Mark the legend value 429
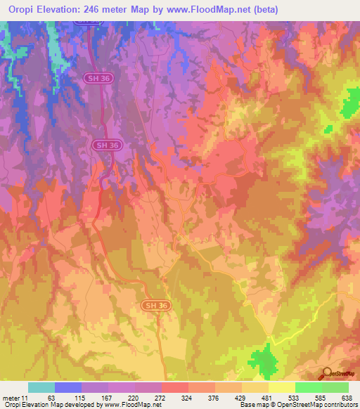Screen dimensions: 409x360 coord(242,398)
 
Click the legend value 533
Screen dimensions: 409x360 coord(295,398)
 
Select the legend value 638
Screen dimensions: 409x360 coord(346,398)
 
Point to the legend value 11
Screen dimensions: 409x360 coord(25,398)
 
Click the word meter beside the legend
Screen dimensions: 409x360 coord(11,398)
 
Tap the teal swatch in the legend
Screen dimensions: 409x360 coord(41,387)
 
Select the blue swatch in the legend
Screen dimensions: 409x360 coord(68,387)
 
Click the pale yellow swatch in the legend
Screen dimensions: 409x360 coord(282,387)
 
